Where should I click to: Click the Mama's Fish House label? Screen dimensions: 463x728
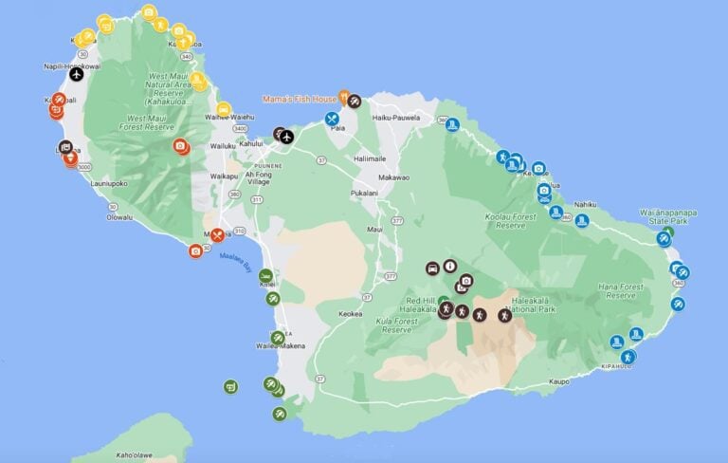(x=300, y=98)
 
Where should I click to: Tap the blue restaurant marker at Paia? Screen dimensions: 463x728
(x=332, y=120)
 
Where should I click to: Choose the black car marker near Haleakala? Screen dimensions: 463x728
(x=432, y=268)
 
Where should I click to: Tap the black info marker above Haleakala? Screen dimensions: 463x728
(x=450, y=267)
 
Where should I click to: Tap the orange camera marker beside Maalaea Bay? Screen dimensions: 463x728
(x=195, y=250)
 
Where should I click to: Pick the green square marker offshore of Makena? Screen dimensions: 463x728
(x=230, y=386)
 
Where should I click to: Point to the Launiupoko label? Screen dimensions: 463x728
(x=106, y=184)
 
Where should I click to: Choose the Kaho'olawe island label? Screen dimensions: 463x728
(x=123, y=456)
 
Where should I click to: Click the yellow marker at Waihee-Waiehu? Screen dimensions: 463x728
(x=224, y=109)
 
